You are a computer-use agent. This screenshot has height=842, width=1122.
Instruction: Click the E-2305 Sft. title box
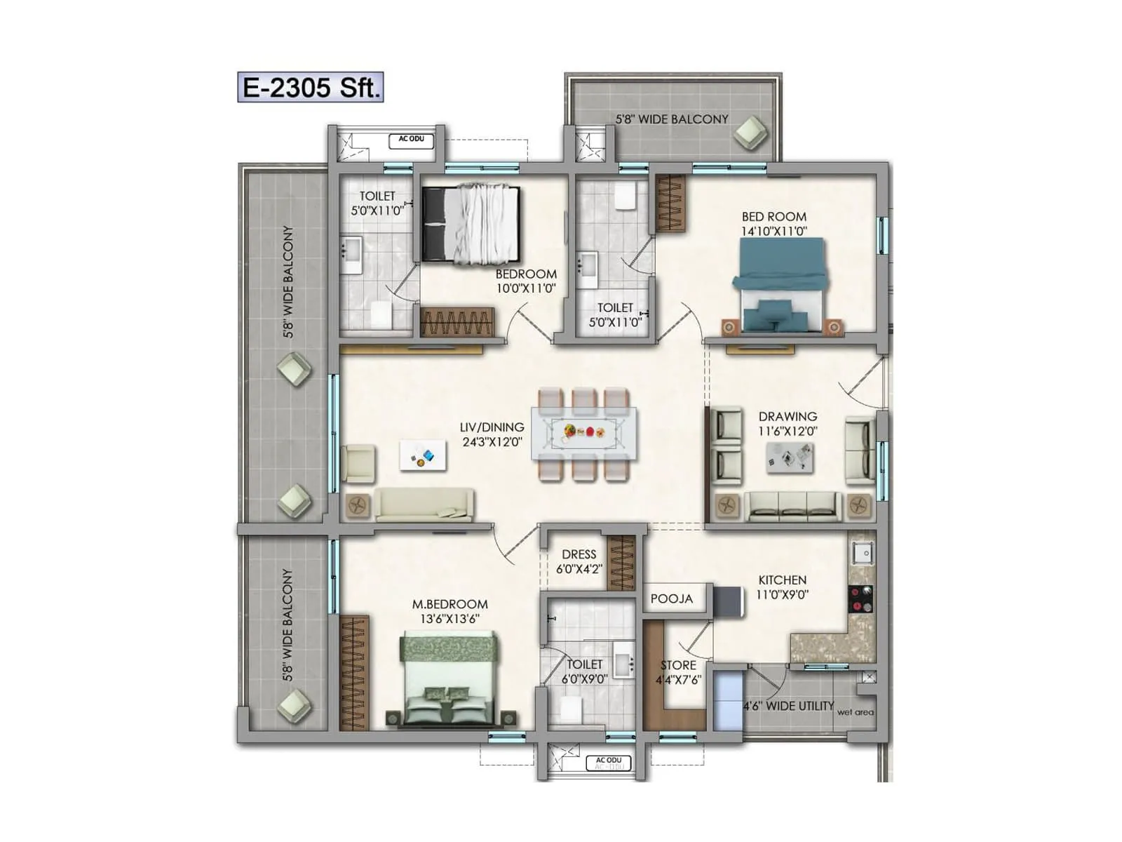311,88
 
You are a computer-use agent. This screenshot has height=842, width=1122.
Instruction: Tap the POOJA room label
671,599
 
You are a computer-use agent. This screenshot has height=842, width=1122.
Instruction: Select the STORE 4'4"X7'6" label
678,671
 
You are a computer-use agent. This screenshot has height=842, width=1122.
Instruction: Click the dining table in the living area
584,433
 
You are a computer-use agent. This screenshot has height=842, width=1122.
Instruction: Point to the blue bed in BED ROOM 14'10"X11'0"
779,283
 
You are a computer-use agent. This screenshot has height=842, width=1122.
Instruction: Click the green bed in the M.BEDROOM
449,677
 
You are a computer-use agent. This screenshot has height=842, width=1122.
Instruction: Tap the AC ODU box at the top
412,141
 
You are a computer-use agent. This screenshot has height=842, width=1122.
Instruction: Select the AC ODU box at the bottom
609,762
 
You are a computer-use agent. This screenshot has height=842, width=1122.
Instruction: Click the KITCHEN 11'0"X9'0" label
782,587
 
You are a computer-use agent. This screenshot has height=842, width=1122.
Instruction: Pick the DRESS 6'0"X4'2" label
579,561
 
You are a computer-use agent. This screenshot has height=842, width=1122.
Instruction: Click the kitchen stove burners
861,599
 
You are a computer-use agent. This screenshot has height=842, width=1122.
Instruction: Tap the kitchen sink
863,553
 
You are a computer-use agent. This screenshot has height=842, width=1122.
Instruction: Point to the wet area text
855,712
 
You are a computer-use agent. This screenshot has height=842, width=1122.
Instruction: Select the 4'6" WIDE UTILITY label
788,706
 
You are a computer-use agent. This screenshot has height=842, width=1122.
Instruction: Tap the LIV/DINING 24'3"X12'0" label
492,434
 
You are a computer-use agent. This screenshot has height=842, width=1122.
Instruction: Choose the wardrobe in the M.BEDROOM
354,674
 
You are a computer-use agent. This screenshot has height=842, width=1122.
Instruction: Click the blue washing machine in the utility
727,702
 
